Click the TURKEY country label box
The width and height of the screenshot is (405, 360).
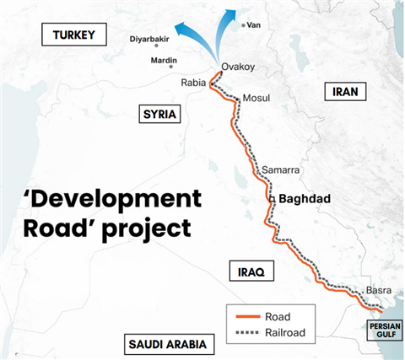click(75, 35)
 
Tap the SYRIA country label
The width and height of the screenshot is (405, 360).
click(158, 115)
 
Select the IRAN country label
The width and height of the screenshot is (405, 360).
click(345, 92)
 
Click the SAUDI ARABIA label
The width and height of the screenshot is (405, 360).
click(168, 344)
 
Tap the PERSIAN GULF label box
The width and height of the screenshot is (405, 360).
click(384, 329)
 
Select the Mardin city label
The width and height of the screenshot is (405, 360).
click(163, 61)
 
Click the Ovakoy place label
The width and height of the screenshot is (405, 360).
click(238, 66)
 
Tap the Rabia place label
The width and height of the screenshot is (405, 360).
click(193, 82)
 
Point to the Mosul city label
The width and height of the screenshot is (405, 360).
click(256, 99)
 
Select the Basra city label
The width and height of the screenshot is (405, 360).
click(377, 292)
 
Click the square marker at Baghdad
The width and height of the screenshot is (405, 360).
click(272, 199)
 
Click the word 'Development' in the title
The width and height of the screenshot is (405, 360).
click(112, 199)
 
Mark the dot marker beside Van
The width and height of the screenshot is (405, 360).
click(243, 25)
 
